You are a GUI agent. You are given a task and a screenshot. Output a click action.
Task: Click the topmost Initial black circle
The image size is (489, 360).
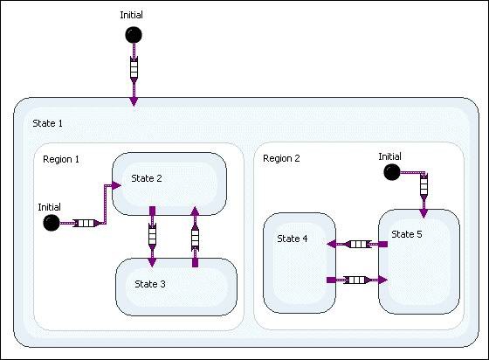[134, 35]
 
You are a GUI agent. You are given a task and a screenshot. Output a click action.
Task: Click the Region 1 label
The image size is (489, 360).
[60, 159]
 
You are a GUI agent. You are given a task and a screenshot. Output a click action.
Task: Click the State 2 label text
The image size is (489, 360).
[147, 178]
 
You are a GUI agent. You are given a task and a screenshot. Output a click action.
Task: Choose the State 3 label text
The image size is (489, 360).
[150, 283]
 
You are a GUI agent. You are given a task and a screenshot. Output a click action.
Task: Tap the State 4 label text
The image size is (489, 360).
[293, 239]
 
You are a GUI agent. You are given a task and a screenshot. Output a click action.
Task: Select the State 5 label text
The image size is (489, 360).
[407, 234]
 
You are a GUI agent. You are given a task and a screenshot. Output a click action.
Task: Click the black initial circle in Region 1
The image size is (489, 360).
[51, 223]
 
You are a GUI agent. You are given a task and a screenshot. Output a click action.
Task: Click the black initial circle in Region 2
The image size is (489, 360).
[391, 172]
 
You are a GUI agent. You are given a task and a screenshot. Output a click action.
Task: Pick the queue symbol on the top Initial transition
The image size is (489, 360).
[134, 68]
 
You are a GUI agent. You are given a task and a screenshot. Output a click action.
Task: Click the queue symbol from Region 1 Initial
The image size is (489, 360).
[84, 223]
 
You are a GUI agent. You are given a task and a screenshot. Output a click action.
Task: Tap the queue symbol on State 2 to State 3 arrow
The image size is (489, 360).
[153, 236]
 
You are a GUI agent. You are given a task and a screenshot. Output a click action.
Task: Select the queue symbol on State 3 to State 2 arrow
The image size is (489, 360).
[195, 236]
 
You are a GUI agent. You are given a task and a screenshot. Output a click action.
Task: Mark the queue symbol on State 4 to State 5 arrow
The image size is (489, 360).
[355, 280]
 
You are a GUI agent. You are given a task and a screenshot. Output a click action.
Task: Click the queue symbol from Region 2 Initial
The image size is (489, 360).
[424, 186]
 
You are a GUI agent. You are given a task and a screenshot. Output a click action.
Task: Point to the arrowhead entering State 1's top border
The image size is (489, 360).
[134, 101]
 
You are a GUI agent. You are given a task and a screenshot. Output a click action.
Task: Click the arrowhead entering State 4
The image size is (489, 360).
[330, 245]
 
